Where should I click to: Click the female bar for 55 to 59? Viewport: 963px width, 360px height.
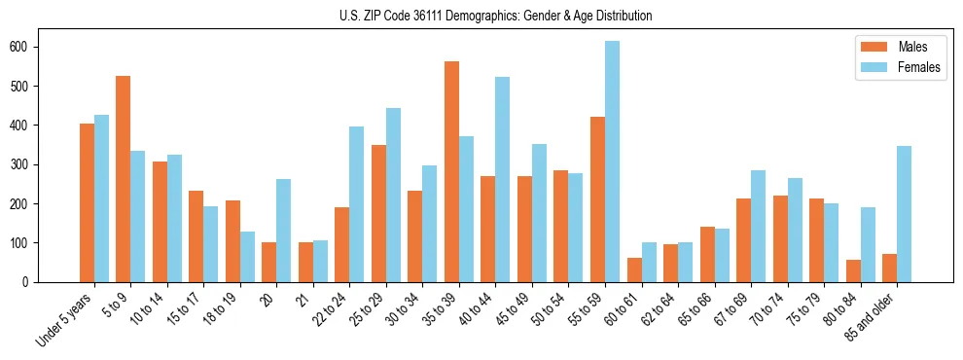tap(612, 162)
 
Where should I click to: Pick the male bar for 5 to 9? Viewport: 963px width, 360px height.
tap(123, 179)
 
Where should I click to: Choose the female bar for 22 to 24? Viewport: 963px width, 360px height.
tap(356, 204)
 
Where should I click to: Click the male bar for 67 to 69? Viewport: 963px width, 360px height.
tap(743, 240)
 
